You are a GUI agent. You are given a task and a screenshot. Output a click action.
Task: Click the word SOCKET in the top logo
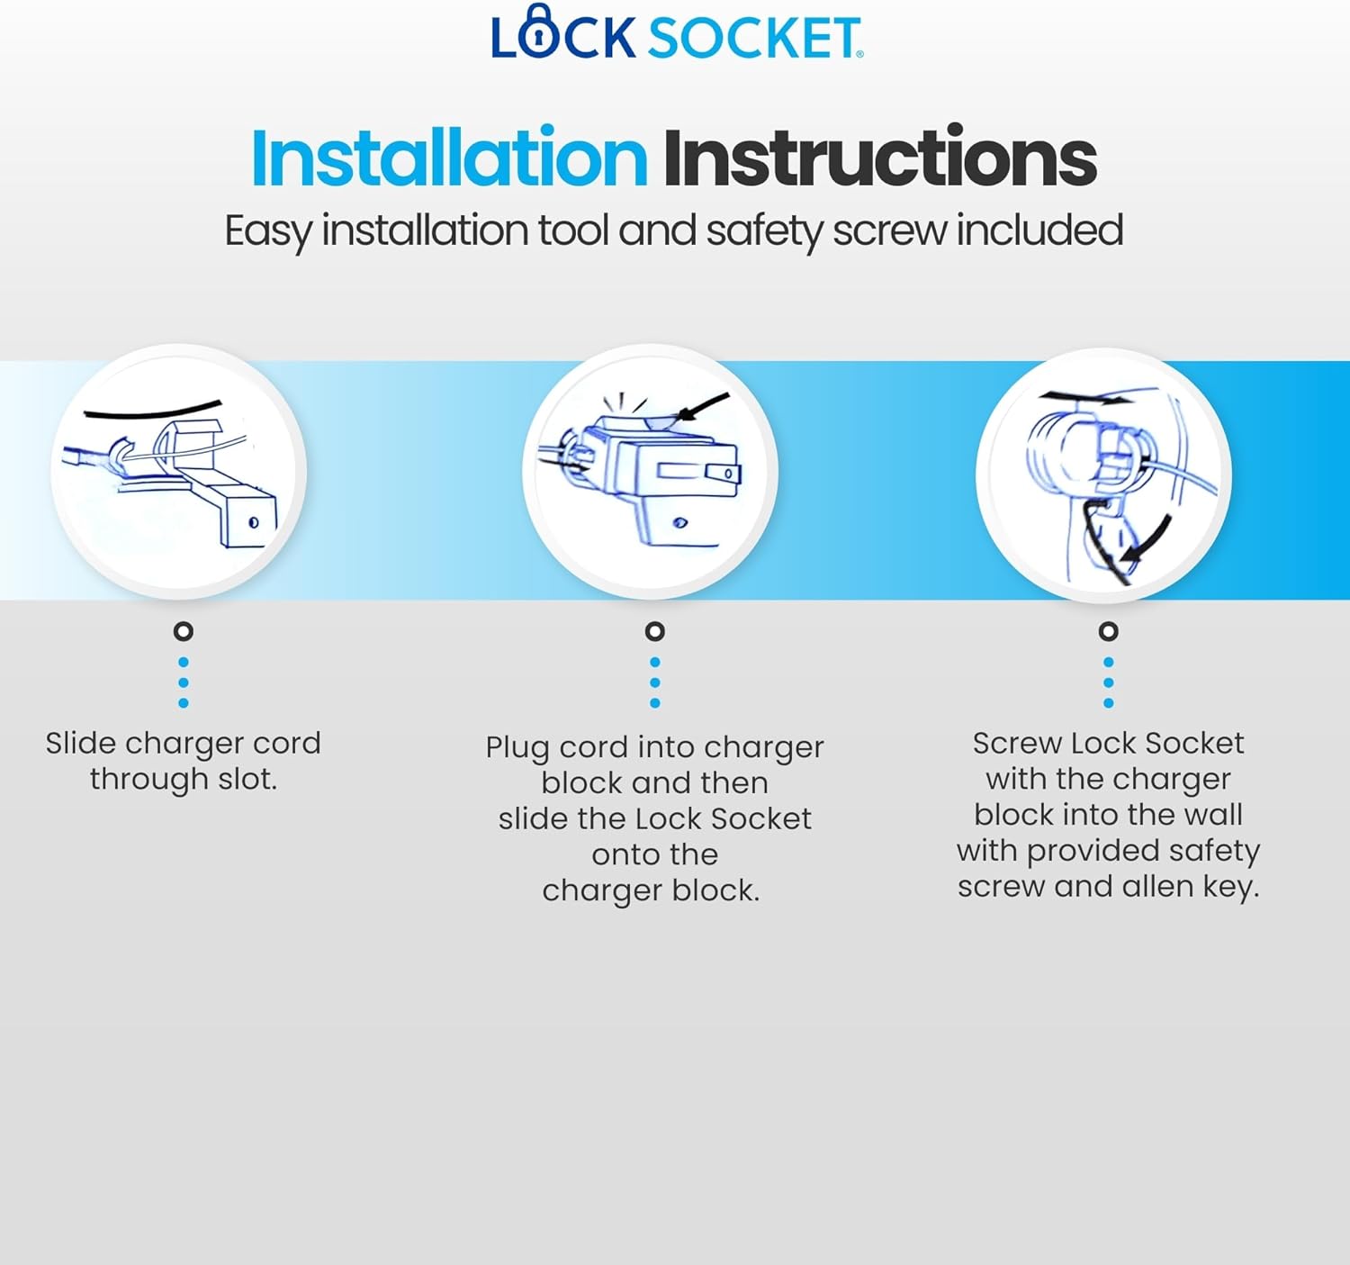coord(754,39)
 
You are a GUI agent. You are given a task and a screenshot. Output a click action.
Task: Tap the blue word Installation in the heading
coord(448,158)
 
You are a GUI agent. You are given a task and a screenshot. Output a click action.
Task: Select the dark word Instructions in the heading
coord(879,158)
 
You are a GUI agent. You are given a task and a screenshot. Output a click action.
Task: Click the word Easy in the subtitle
coord(267,231)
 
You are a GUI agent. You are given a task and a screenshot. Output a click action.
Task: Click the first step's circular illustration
coord(179,471)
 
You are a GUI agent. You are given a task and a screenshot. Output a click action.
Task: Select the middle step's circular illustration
coord(650,471)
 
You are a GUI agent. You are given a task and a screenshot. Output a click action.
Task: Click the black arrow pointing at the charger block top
coord(703,407)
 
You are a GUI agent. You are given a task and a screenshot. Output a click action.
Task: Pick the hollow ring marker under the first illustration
coord(184,631)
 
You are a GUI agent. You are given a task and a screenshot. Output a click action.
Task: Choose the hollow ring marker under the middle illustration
coord(655,631)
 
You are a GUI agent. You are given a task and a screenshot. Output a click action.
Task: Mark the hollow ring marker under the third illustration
coord(1109,631)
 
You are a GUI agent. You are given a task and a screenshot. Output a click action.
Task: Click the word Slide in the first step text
coord(81,744)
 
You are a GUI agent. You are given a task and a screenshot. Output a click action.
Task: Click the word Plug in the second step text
coord(517,748)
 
